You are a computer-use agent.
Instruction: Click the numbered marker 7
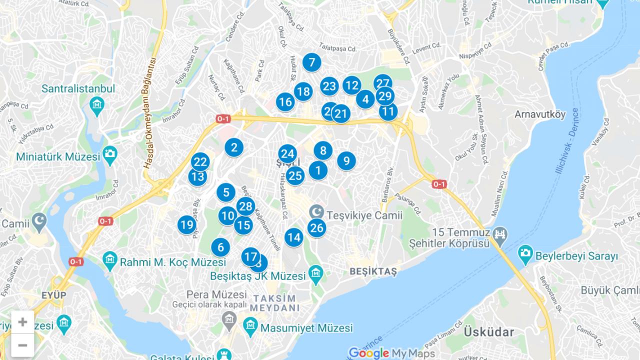pos(311,62)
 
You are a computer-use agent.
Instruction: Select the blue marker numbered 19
pos(186,225)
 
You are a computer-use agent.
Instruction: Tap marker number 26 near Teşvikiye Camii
pos(316,228)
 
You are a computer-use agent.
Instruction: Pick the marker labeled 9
pos(346,161)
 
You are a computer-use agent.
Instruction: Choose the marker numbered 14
pos(294,237)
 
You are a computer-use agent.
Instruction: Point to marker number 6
pos(220,247)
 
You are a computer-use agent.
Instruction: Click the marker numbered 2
pos(233,147)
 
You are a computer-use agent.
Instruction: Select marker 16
pos(285,102)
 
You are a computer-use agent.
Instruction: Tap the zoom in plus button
pos(22,322)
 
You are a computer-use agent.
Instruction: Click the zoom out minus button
pos(22,345)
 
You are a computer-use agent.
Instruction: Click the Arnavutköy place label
pos(540,114)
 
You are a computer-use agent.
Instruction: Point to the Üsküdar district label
pos(488,331)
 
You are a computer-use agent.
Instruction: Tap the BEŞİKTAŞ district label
pos(373,271)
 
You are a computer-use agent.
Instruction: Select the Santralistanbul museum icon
pos(96,105)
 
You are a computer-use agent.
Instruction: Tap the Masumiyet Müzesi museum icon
pos(250,327)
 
